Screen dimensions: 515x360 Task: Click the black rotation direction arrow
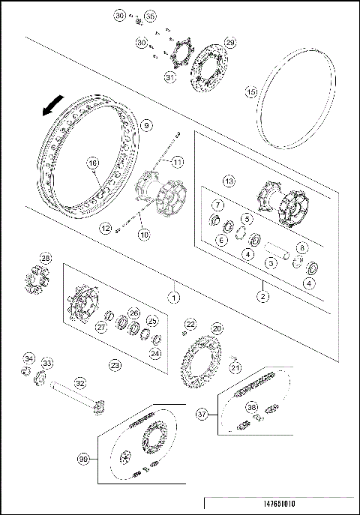[x=50, y=109]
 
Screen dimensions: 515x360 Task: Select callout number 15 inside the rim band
[x=252, y=91]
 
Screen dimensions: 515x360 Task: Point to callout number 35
[x=150, y=16]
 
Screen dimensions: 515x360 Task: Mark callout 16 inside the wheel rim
[x=93, y=163]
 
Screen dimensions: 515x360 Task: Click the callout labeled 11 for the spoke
[x=178, y=162]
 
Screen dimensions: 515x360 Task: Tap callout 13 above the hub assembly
[x=229, y=181]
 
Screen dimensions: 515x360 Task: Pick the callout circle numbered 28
[x=46, y=259]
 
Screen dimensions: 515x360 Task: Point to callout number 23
[x=115, y=365]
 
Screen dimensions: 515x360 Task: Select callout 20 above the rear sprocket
[x=217, y=328]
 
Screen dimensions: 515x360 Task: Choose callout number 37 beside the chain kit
[x=202, y=413]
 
